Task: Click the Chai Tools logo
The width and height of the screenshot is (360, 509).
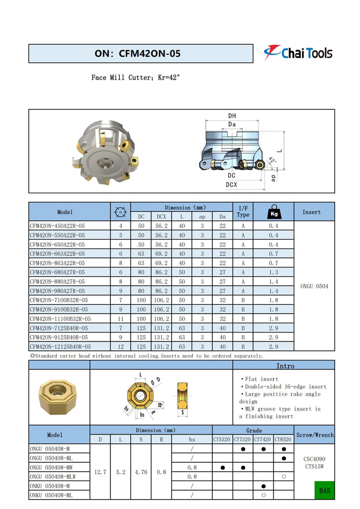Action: [x=298, y=52]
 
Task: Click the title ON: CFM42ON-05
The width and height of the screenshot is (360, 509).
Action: [x=137, y=54]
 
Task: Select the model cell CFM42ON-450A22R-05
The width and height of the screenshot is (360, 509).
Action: [x=57, y=226]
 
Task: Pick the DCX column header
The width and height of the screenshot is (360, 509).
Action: [x=161, y=216]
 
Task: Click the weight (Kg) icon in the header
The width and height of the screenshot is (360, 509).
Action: [x=273, y=212]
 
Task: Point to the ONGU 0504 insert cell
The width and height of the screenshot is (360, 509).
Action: [x=314, y=286]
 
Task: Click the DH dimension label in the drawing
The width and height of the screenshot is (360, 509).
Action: [x=232, y=116]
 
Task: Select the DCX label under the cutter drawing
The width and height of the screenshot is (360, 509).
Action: [x=232, y=184]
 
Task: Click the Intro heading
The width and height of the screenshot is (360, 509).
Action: [x=285, y=366]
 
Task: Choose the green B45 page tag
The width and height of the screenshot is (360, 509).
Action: [x=325, y=491]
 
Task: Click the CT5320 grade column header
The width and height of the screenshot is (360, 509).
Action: [x=222, y=439]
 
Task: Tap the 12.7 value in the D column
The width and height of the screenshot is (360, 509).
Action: [x=100, y=472]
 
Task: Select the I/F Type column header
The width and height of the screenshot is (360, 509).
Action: [x=243, y=212]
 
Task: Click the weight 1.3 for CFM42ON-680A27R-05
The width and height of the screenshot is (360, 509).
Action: [x=273, y=272]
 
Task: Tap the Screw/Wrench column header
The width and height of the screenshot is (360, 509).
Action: [x=314, y=435]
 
